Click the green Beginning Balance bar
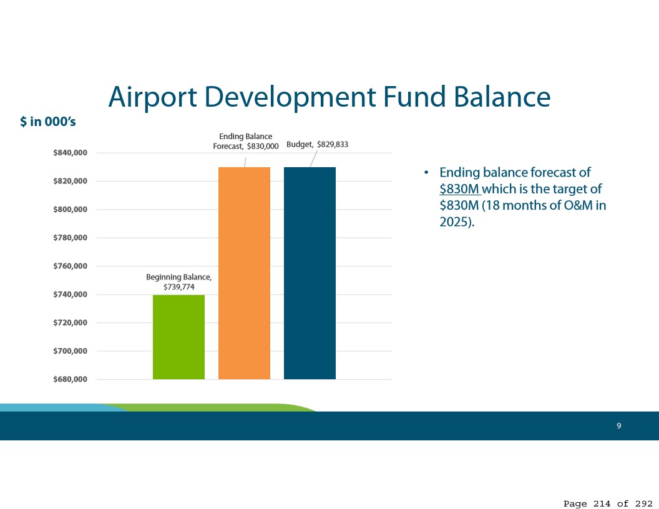click(x=178, y=337)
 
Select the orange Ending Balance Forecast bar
click(x=244, y=273)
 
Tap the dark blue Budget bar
click(x=310, y=273)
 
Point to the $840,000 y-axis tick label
click(x=70, y=153)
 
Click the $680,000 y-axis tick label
click(x=70, y=379)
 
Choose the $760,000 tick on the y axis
click(x=70, y=266)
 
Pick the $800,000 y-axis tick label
click(x=70, y=209)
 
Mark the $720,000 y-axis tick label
click(x=70, y=322)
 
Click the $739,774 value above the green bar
click(x=179, y=288)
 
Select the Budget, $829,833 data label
click(x=317, y=145)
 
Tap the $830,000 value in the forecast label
click(x=263, y=147)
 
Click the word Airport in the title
click(x=152, y=97)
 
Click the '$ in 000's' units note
click(x=48, y=122)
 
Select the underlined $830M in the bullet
click(x=459, y=189)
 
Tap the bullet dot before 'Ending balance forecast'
click(x=426, y=173)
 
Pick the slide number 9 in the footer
click(x=618, y=426)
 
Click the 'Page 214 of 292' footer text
click(x=608, y=503)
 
